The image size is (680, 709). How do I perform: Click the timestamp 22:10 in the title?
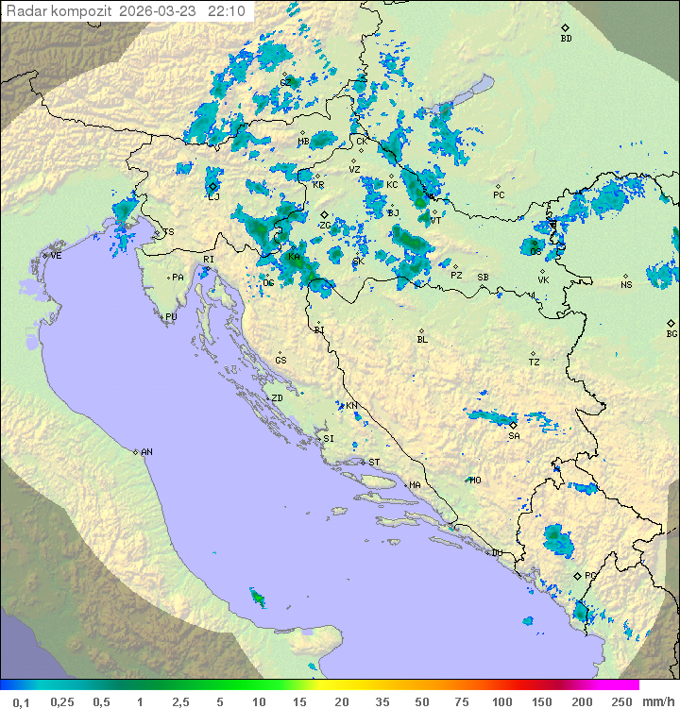(x=229, y=10)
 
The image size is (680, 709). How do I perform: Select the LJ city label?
(x=213, y=196)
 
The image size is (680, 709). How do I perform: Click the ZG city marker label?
(x=324, y=226)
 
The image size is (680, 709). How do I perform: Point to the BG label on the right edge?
(x=671, y=333)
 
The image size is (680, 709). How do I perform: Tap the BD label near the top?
(x=566, y=39)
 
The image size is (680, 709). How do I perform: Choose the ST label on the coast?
(x=374, y=462)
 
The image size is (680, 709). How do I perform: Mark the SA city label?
(x=514, y=436)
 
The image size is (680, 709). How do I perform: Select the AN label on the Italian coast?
(x=146, y=452)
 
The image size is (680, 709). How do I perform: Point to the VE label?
(x=56, y=256)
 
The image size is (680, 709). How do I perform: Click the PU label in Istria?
(x=171, y=317)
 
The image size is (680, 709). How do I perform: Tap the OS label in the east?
(x=535, y=251)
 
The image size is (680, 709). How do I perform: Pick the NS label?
(x=626, y=284)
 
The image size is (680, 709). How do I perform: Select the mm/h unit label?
(x=655, y=701)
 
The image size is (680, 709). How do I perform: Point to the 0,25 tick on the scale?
(x=62, y=701)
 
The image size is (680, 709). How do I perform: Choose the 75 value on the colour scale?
(x=461, y=701)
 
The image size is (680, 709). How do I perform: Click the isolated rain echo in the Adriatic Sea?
(x=255, y=597)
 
